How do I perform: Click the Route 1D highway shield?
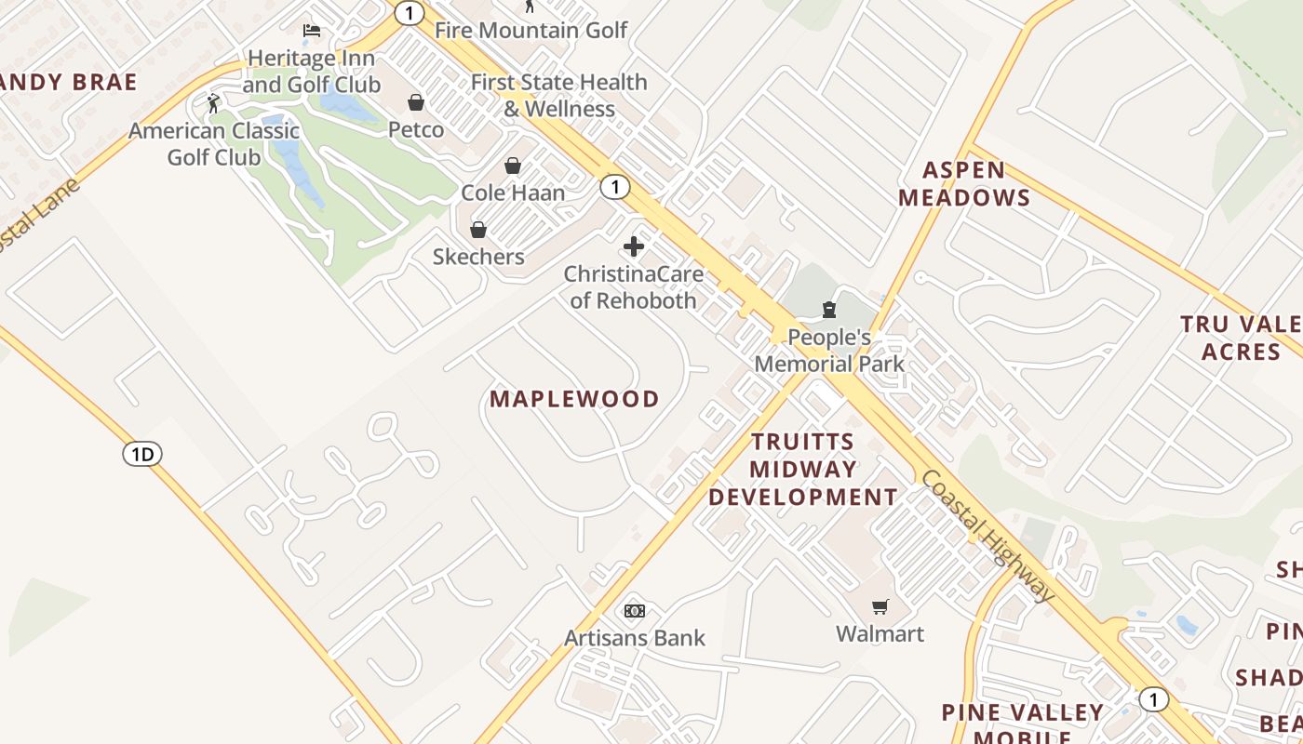pyautogui.click(x=141, y=454)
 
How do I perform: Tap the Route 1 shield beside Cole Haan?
pyautogui.click(x=614, y=186)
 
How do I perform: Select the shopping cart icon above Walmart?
pyautogui.click(x=880, y=607)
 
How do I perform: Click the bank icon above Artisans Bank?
pyautogui.click(x=635, y=611)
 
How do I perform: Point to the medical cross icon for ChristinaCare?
pyautogui.click(x=634, y=246)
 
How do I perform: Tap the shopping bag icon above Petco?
pyautogui.click(x=416, y=102)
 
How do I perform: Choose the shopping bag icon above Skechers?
pyautogui.click(x=478, y=230)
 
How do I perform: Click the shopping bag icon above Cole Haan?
pyautogui.click(x=513, y=166)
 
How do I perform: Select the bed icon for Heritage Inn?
pyautogui.click(x=312, y=31)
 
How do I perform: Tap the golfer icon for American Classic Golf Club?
pyautogui.click(x=214, y=102)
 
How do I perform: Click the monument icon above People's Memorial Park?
pyautogui.click(x=829, y=310)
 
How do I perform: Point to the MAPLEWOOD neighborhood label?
pyautogui.click(x=574, y=399)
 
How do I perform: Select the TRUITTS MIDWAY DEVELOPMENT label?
pyautogui.click(x=802, y=469)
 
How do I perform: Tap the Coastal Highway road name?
pyautogui.click(x=987, y=535)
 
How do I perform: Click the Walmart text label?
pyautogui.click(x=880, y=634)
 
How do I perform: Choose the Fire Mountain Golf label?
pyautogui.click(x=531, y=30)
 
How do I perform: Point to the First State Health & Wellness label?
pyautogui.click(x=558, y=95)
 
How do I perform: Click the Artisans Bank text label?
pyautogui.click(x=635, y=638)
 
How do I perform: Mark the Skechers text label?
pyautogui.click(x=478, y=257)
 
